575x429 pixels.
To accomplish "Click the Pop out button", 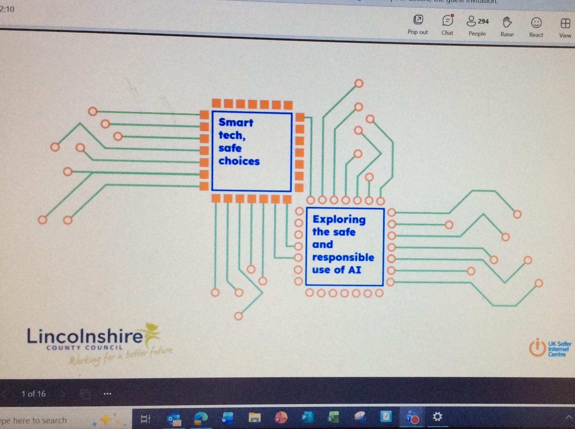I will pos(418,20).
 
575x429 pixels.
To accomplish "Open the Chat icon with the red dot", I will pos(447,21).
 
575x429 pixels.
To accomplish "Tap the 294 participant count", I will pos(483,21).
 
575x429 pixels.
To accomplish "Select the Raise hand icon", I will pos(507,22).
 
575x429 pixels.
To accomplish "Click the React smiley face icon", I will pos(536,23).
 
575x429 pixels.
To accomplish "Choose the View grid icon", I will pos(565,24).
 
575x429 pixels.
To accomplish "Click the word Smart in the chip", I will pos(236,122).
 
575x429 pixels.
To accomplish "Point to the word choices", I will pos(239,161).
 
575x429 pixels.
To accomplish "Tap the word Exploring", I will pos(339,219).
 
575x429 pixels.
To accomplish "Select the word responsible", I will pos(343,257).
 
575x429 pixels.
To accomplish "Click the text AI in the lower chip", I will pos(355,270).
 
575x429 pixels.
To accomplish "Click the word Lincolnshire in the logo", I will pos(85,337).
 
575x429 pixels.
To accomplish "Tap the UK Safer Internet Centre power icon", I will pos(537,347).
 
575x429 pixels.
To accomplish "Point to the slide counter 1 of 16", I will pos(33,394).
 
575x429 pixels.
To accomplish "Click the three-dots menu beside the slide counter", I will pos(107,394).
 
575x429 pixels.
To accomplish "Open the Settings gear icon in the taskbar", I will pos(437,417).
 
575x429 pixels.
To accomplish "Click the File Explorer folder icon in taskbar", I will pos(255,418).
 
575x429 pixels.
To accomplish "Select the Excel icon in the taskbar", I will pos(333,418).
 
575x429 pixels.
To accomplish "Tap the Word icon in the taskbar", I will pos(227,418).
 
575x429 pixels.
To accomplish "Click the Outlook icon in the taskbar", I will pos(174,418).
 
